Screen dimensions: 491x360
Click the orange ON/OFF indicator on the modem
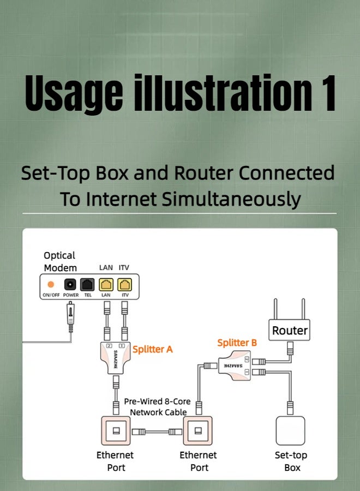pos(51,284)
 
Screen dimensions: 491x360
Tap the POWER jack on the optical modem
pos(70,284)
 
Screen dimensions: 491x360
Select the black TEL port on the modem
pos(87,284)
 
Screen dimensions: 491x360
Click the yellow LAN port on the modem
pos(105,284)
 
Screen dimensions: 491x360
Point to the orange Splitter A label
pos(153,349)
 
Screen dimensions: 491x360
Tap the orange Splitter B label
pos(237,343)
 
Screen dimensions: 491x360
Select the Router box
pos(290,331)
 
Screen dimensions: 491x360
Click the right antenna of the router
pos(303,309)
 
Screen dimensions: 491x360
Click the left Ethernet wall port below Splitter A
pos(116,431)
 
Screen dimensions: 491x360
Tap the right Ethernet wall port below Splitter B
pos(200,431)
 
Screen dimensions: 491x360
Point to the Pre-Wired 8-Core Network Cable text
pos(158,407)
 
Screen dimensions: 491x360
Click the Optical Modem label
pos(61,261)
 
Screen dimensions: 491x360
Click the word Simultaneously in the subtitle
pos(231,199)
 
